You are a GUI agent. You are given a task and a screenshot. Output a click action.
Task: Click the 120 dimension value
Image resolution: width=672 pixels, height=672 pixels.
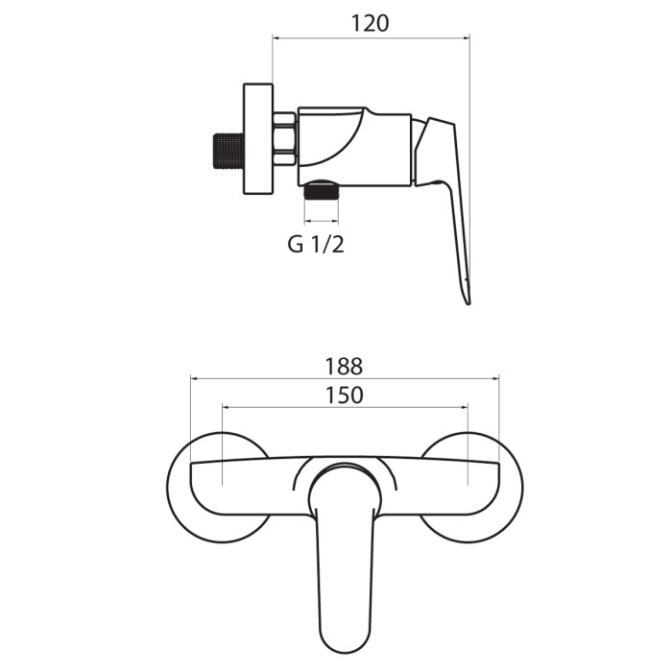(371, 24)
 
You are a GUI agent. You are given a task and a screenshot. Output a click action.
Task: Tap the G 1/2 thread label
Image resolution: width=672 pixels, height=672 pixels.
(316, 245)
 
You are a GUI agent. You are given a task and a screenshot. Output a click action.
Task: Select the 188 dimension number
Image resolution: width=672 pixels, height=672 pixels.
(344, 367)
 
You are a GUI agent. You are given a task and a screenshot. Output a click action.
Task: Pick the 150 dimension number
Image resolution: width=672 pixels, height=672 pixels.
(345, 396)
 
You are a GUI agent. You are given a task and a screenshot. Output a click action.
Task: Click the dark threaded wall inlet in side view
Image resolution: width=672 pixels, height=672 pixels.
(228, 151)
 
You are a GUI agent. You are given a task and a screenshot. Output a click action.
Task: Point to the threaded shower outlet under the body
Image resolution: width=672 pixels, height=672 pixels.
(322, 192)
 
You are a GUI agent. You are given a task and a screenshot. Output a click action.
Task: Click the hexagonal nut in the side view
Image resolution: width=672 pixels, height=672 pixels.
(284, 138)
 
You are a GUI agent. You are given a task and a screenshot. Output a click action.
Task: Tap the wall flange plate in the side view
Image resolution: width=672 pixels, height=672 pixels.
(258, 139)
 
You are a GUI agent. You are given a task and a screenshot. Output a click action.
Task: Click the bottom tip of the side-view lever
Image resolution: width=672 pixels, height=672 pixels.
(468, 303)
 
